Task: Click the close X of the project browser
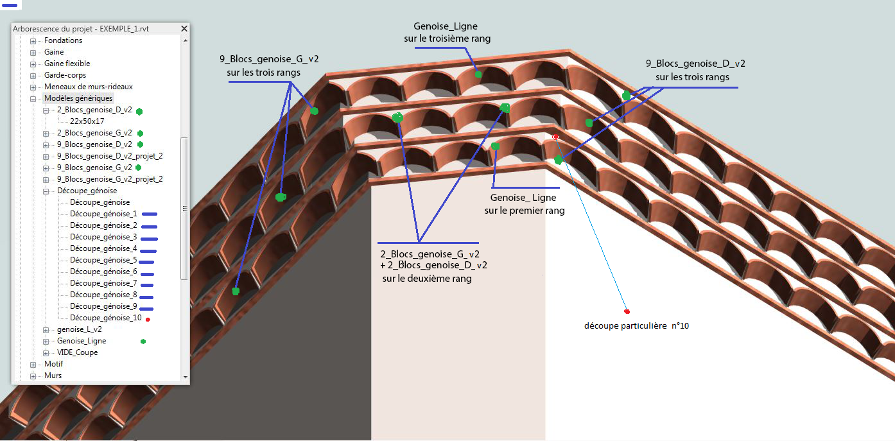(184, 29)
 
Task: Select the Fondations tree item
(63, 40)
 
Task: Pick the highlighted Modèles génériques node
(78, 98)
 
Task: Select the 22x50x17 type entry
(87, 121)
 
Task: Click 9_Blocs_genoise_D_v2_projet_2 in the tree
(110, 156)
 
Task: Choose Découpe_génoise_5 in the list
(103, 260)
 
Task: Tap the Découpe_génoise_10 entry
(105, 318)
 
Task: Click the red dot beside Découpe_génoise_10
(148, 319)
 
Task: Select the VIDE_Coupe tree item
(77, 352)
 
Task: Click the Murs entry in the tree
(53, 376)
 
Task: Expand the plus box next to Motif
(33, 364)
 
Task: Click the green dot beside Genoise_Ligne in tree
(143, 342)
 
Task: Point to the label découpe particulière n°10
(636, 326)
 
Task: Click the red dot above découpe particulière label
(627, 311)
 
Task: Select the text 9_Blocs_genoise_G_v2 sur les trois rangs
(269, 65)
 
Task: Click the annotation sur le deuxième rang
(427, 279)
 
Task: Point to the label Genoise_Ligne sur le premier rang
(523, 204)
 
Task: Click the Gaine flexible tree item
(67, 64)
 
